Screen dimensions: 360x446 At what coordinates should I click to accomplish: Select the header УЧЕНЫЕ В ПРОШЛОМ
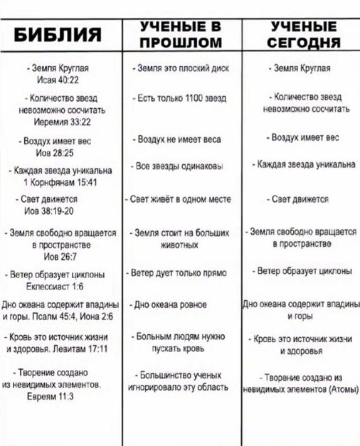coord(181,34)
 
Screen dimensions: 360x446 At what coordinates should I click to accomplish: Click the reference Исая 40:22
coord(60,80)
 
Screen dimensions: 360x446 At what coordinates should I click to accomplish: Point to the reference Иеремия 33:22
coord(60,123)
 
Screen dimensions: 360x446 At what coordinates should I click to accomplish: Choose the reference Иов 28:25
coord(60,152)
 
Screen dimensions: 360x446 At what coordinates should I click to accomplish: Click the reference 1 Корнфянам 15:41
coord(60,182)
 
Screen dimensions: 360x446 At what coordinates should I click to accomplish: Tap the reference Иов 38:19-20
coord(60,211)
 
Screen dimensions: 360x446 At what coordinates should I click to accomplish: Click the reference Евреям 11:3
coord(60,398)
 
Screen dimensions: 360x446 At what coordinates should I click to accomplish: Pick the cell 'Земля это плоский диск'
coord(181,69)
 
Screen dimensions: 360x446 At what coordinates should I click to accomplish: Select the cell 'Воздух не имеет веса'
coord(181,140)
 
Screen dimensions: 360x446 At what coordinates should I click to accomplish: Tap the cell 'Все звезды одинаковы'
coord(181,166)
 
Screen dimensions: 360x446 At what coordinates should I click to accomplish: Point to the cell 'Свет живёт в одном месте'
coord(181,200)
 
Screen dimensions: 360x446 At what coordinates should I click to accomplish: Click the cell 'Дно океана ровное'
coord(181,304)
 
